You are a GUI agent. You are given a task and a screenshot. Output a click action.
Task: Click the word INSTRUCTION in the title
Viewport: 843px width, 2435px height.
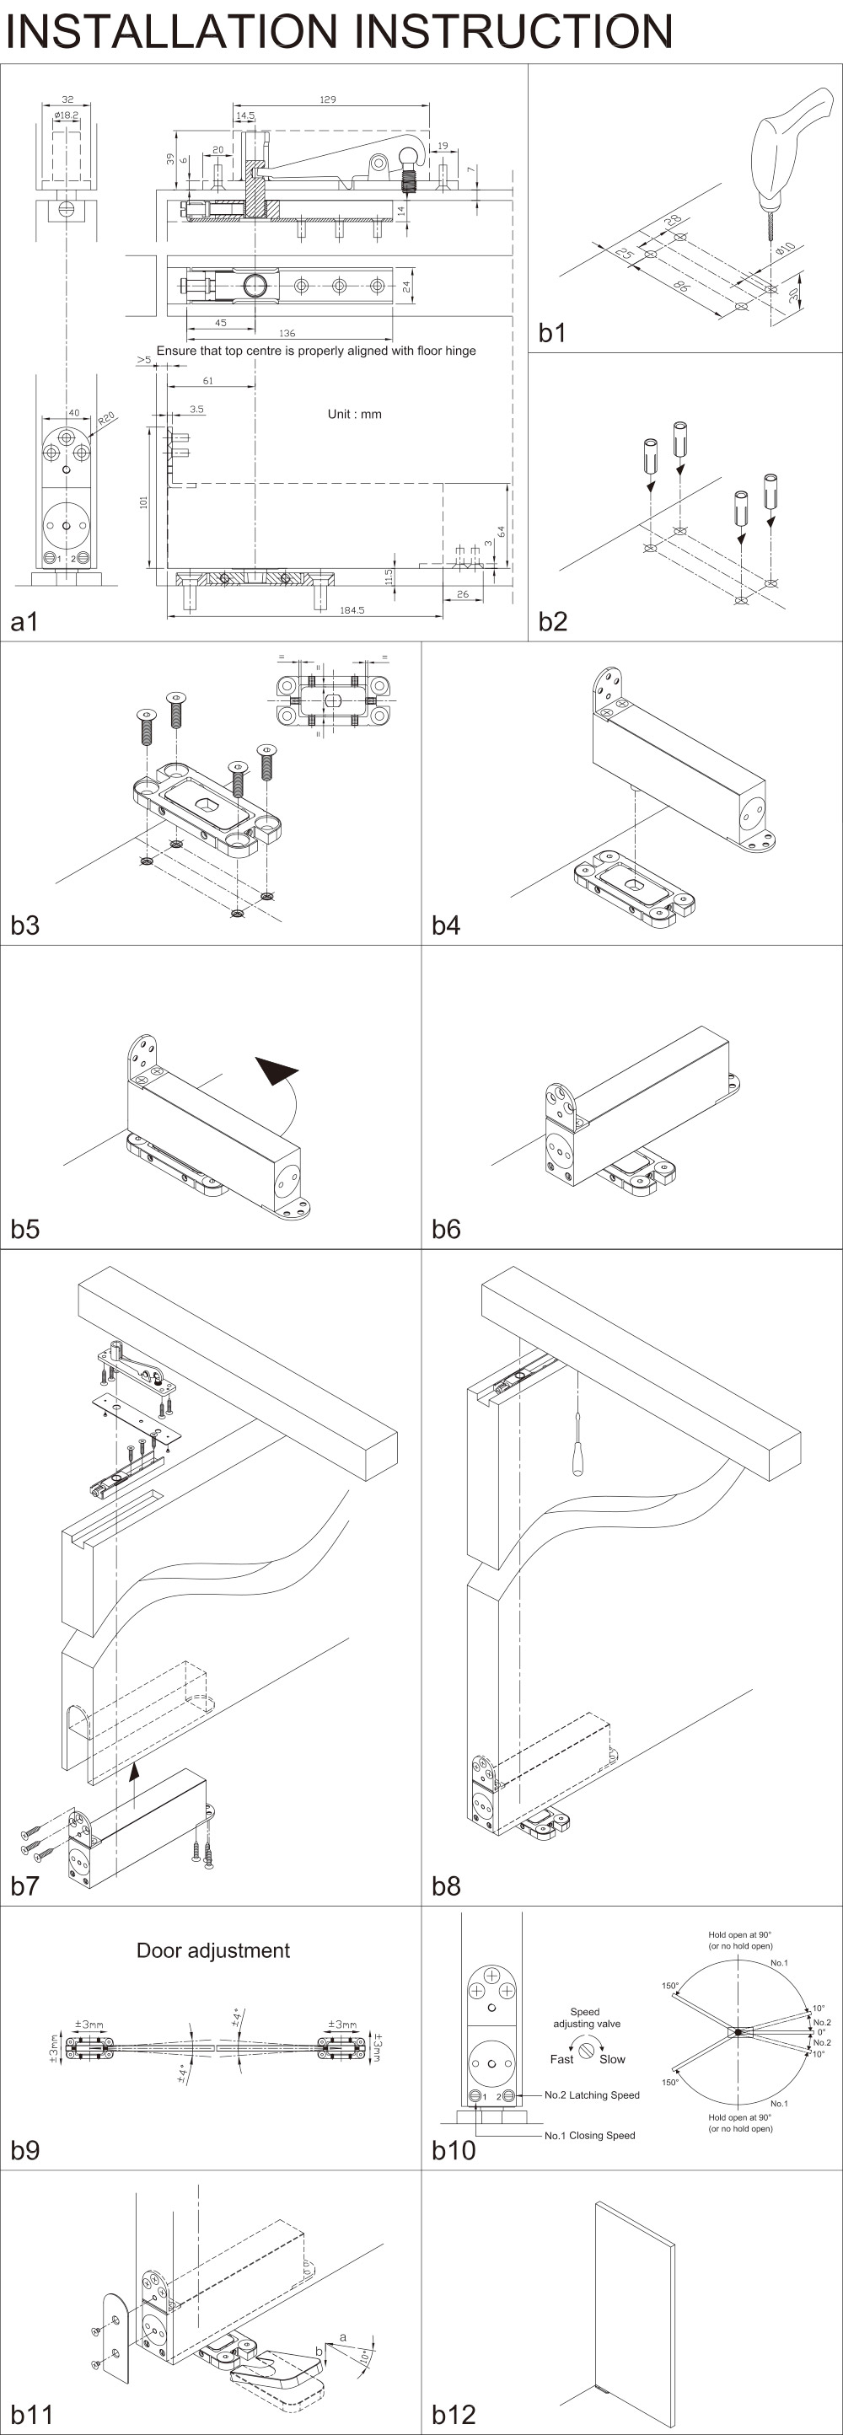click(x=515, y=31)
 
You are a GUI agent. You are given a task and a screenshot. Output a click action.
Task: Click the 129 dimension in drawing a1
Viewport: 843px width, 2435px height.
click(x=328, y=99)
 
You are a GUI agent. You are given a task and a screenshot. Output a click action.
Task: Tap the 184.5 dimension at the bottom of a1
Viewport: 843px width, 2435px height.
click(x=352, y=610)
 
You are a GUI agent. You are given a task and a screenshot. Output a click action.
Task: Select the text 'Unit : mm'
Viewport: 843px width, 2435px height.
click(x=354, y=414)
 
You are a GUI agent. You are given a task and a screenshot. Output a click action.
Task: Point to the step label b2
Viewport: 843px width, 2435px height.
click(x=553, y=621)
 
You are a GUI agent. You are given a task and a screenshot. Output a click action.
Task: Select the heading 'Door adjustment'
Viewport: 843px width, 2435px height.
click(x=212, y=1950)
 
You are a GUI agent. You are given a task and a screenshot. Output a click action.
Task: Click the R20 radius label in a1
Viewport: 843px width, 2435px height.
click(x=106, y=418)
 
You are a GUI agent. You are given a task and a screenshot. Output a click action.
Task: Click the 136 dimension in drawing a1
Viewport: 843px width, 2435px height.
click(x=287, y=334)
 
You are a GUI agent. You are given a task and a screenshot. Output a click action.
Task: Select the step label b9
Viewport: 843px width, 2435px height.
click(x=25, y=2150)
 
